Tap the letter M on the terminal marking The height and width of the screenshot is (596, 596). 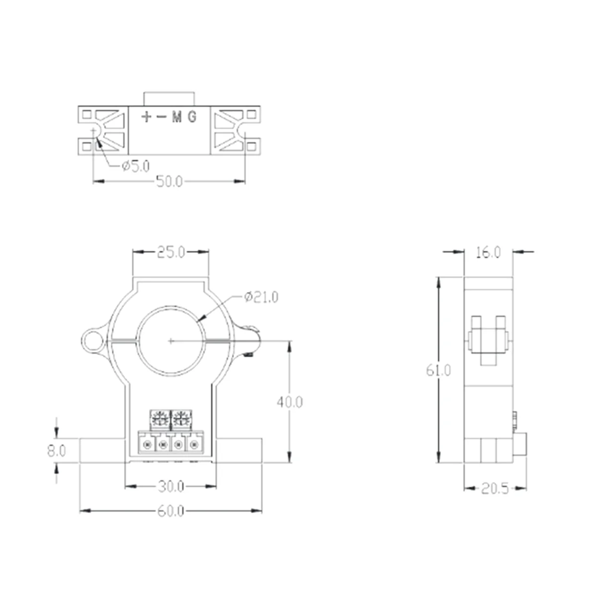click(176, 117)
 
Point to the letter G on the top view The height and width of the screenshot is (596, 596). click(192, 117)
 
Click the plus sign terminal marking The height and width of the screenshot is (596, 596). click(147, 117)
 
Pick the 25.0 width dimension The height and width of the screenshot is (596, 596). click(171, 252)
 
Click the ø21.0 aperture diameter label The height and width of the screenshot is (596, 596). click(261, 297)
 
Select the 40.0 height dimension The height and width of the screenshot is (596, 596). click(290, 401)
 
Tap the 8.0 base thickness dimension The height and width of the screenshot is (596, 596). click(56, 451)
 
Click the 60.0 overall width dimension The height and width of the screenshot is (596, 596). click(171, 511)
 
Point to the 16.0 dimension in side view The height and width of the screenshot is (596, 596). click(488, 252)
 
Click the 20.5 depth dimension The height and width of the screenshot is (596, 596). click(495, 489)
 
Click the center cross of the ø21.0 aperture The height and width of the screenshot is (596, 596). click(171, 341)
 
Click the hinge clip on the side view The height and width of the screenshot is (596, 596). click(488, 340)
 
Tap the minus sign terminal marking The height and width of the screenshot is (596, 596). click(161, 117)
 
